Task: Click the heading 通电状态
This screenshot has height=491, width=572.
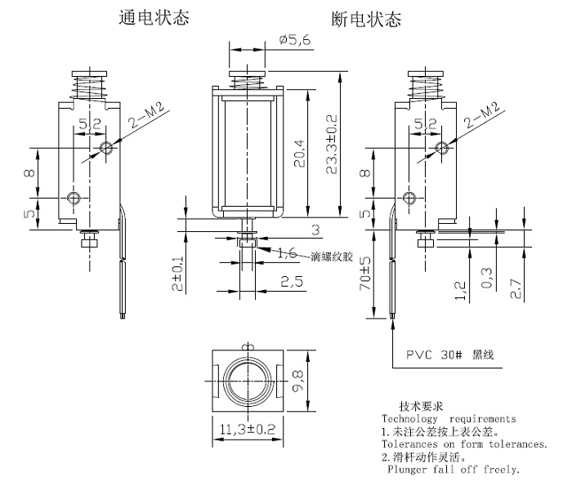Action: coord(154,17)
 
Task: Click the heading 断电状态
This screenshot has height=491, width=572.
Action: coord(366,19)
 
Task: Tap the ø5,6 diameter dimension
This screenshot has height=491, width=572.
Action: coord(295,39)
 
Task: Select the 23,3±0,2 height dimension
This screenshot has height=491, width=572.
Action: coord(331,144)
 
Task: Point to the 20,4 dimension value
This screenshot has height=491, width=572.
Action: coord(300,154)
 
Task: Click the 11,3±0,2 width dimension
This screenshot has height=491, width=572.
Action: coord(248,429)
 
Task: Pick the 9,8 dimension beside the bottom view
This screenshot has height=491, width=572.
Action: coord(298,381)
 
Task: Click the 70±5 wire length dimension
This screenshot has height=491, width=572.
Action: coord(364,273)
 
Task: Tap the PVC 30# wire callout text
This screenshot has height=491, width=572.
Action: coord(450,355)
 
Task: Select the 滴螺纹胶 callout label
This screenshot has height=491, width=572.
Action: coord(332,257)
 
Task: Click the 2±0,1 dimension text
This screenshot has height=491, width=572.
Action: coord(177,273)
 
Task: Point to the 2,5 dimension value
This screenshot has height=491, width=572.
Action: coord(292,282)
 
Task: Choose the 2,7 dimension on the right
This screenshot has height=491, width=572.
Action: coord(516,288)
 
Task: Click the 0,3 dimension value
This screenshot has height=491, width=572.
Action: coord(487,278)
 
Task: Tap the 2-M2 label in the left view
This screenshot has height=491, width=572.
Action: coord(147,115)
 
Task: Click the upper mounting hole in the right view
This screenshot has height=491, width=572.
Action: coord(442,148)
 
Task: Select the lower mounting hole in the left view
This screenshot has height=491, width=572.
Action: coord(74,198)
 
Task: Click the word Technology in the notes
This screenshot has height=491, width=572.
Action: coord(409,419)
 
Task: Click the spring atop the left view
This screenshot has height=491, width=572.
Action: coord(89,87)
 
